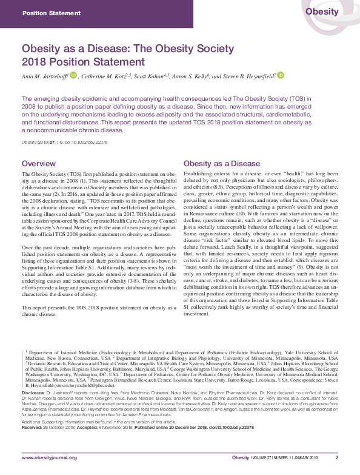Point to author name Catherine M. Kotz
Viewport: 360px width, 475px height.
coord(107,76)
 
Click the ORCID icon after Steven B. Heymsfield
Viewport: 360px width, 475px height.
coord(281,76)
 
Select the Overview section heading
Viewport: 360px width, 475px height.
coord(39,164)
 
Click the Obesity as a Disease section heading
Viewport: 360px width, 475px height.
coord(222,164)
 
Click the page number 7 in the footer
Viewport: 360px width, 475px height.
coord(336,457)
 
